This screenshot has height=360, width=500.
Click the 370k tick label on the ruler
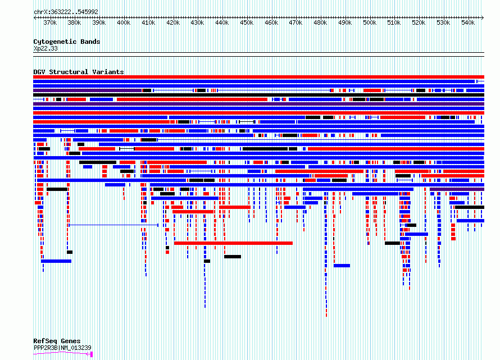click(x=50, y=22)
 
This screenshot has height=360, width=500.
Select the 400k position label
click(x=124, y=22)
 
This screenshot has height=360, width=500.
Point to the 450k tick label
click(x=247, y=22)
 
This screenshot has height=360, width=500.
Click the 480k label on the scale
click(x=320, y=22)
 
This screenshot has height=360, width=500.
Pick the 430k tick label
click(x=197, y=22)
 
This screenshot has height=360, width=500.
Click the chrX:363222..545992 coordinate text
click(x=66, y=12)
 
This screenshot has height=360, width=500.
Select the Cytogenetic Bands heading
click(x=67, y=42)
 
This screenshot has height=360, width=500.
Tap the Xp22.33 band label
click(x=46, y=49)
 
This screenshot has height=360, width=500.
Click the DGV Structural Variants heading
click(x=79, y=72)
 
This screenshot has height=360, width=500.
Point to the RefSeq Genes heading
click(x=57, y=341)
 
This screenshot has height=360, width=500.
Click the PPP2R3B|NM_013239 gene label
click(x=62, y=348)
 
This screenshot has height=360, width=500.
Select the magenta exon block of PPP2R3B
click(x=91, y=354)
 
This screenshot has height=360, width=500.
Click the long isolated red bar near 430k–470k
click(x=233, y=243)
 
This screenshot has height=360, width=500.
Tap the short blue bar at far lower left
click(x=56, y=261)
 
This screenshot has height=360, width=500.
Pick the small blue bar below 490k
click(x=342, y=266)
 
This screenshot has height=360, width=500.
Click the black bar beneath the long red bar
click(x=233, y=257)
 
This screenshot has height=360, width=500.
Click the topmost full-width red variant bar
click(x=258, y=77)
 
